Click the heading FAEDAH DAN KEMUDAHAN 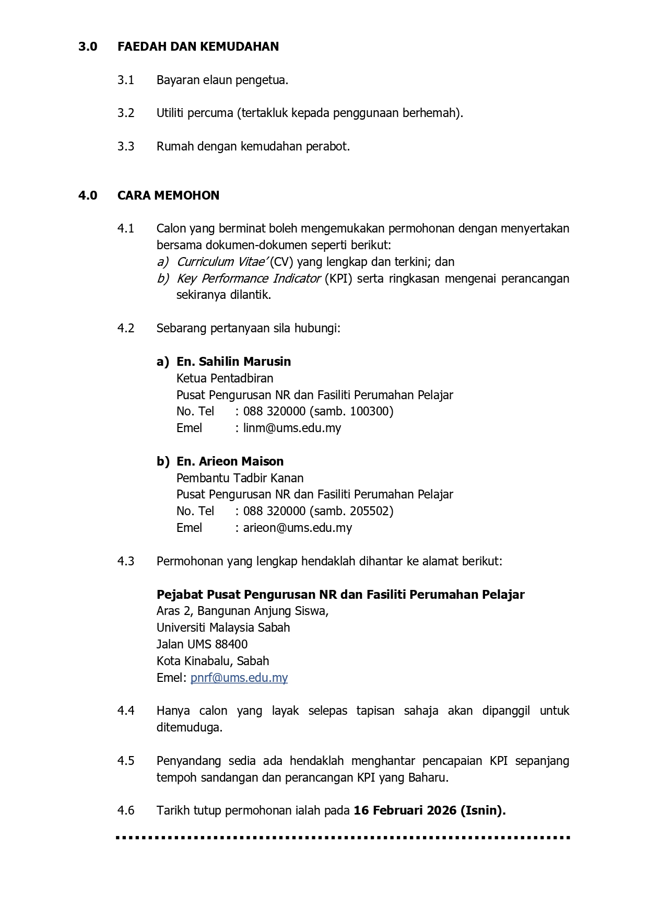(198, 47)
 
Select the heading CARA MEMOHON (168, 195)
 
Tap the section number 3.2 (126, 113)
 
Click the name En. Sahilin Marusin (233, 362)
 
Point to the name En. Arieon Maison (230, 461)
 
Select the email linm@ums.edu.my (292, 428)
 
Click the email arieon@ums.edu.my (297, 528)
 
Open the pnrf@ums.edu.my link (239, 678)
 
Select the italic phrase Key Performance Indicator (249, 278)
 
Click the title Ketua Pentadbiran (225, 378)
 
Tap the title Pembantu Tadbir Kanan (240, 478)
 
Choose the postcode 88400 (231, 644)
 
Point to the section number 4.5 (126, 761)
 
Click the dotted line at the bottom (343, 838)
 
